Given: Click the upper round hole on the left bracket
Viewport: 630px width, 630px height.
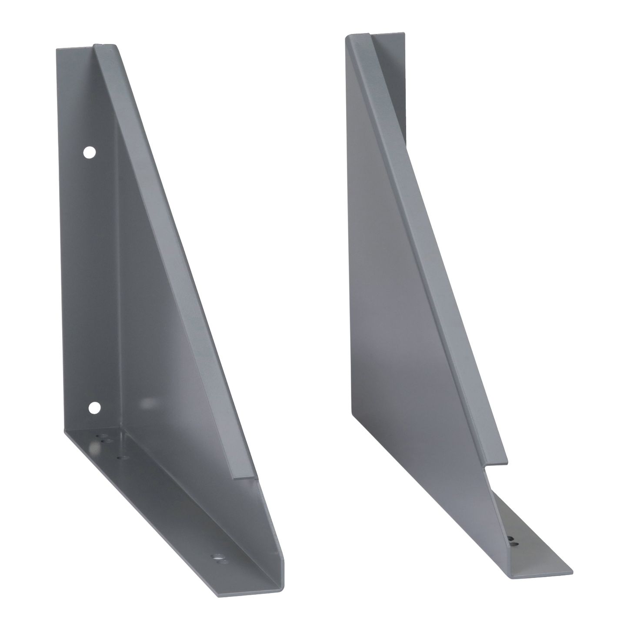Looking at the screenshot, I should point(90,152).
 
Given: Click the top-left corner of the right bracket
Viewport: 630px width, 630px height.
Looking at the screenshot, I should point(346,37).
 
